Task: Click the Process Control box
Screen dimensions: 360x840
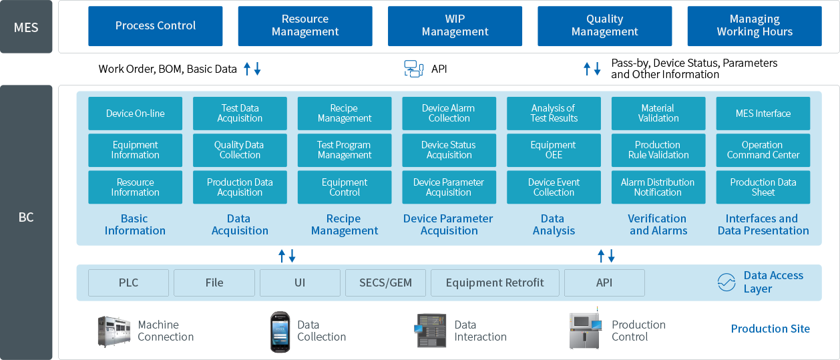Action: [x=156, y=26]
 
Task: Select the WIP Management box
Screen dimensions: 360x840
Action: [x=455, y=26]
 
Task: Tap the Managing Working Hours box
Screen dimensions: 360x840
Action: [x=755, y=26]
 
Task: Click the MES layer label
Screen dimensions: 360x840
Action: [x=26, y=27]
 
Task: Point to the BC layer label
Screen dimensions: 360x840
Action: [x=26, y=218]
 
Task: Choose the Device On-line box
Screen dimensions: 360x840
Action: [x=135, y=114]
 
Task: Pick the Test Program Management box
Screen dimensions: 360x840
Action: [x=345, y=150]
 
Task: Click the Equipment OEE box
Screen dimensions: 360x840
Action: [x=554, y=150]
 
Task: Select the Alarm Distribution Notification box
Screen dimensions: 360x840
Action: [x=658, y=187]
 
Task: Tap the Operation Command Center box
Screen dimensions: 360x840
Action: [x=763, y=150]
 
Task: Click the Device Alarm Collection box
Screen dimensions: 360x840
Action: [x=449, y=114]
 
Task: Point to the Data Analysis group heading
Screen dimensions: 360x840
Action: [x=554, y=224]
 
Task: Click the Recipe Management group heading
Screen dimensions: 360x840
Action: [x=345, y=224]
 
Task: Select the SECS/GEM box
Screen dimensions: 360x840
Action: [x=386, y=283]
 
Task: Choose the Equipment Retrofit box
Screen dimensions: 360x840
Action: [x=495, y=283]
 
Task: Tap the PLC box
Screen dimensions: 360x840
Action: [x=128, y=283]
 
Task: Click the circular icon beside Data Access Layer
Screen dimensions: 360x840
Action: [x=726, y=283]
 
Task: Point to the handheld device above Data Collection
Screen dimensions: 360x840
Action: [x=280, y=331]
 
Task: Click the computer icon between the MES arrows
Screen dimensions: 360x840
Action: [x=414, y=68]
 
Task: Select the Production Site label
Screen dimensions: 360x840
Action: [x=770, y=329]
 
